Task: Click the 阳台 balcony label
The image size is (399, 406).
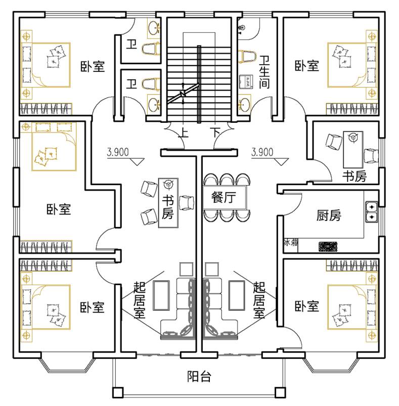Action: pyautogui.click(x=199, y=377)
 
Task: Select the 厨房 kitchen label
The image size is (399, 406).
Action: pyautogui.click(x=329, y=216)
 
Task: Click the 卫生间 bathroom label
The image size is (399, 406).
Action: pyautogui.click(x=264, y=72)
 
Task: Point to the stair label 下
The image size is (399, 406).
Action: pyautogui.click(x=216, y=133)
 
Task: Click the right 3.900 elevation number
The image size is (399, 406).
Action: pyautogui.click(x=262, y=151)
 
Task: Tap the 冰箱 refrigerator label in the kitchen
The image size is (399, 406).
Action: pyautogui.click(x=291, y=243)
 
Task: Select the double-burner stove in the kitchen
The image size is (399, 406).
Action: pyautogui.click(x=372, y=212)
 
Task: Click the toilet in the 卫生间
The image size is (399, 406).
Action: pyautogui.click(x=247, y=56)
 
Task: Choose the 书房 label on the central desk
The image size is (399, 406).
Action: pyautogui.click(x=168, y=207)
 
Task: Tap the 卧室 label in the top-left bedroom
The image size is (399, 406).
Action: pyautogui.click(x=93, y=66)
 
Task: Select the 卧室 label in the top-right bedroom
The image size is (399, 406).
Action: pyautogui.click(x=307, y=66)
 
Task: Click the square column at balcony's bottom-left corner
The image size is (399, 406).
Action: pyautogui.click(x=117, y=392)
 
